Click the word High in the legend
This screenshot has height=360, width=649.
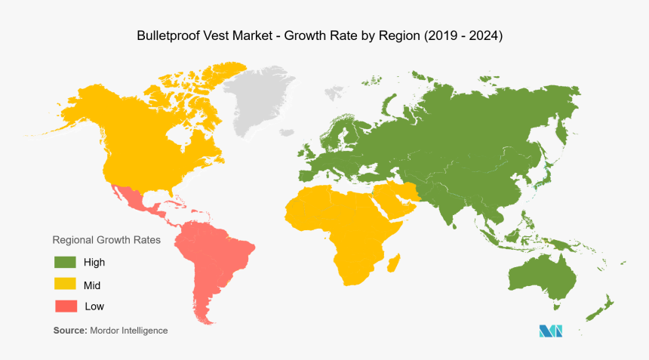click(x=94, y=263)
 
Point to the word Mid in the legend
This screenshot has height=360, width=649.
click(x=92, y=285)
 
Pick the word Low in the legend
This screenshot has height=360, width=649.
click(x=94, y=306)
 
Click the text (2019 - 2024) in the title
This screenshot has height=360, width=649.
click(x=463, y=35)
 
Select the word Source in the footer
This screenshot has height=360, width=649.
click(x=69, y=331)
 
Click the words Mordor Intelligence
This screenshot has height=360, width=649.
click(x=128, y=331)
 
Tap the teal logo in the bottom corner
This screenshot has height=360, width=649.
click(x=551, y=331)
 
